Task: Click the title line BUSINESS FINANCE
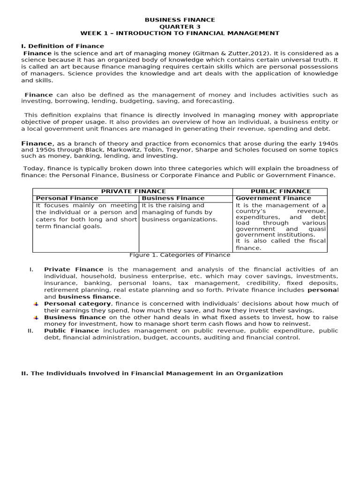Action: click(180, 20)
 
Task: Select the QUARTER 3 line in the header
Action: click(180, 27)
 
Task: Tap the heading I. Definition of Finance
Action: click(62, 46)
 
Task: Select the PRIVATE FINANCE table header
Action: click(132, 191)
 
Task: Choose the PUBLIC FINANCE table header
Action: click(280, 191)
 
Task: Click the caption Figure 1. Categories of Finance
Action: click(180, 255)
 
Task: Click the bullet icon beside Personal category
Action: click(36, 304)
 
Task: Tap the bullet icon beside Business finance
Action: click(36, 318)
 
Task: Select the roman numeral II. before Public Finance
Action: click(30, 331)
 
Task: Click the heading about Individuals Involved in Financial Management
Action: click(152, 374)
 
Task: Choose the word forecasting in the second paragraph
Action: click(215, 101)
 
